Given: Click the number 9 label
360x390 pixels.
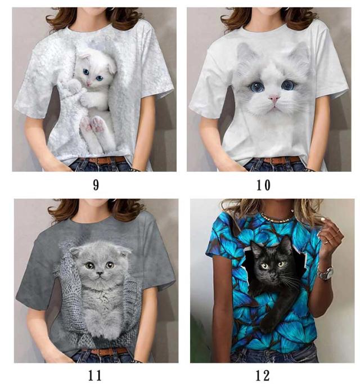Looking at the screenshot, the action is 96,185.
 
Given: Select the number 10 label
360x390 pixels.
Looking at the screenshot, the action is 263,185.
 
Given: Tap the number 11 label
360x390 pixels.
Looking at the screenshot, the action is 95,376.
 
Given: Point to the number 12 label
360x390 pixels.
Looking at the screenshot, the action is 263,376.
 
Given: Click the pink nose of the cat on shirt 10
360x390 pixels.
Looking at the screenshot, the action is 274,98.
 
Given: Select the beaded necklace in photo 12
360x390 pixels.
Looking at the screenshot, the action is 274,218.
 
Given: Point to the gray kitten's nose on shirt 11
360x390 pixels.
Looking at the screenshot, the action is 100,274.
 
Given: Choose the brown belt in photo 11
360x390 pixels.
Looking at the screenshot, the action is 106,351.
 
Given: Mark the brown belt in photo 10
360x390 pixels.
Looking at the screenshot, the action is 281,160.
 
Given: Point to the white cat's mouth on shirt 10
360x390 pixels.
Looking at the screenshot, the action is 274,106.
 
